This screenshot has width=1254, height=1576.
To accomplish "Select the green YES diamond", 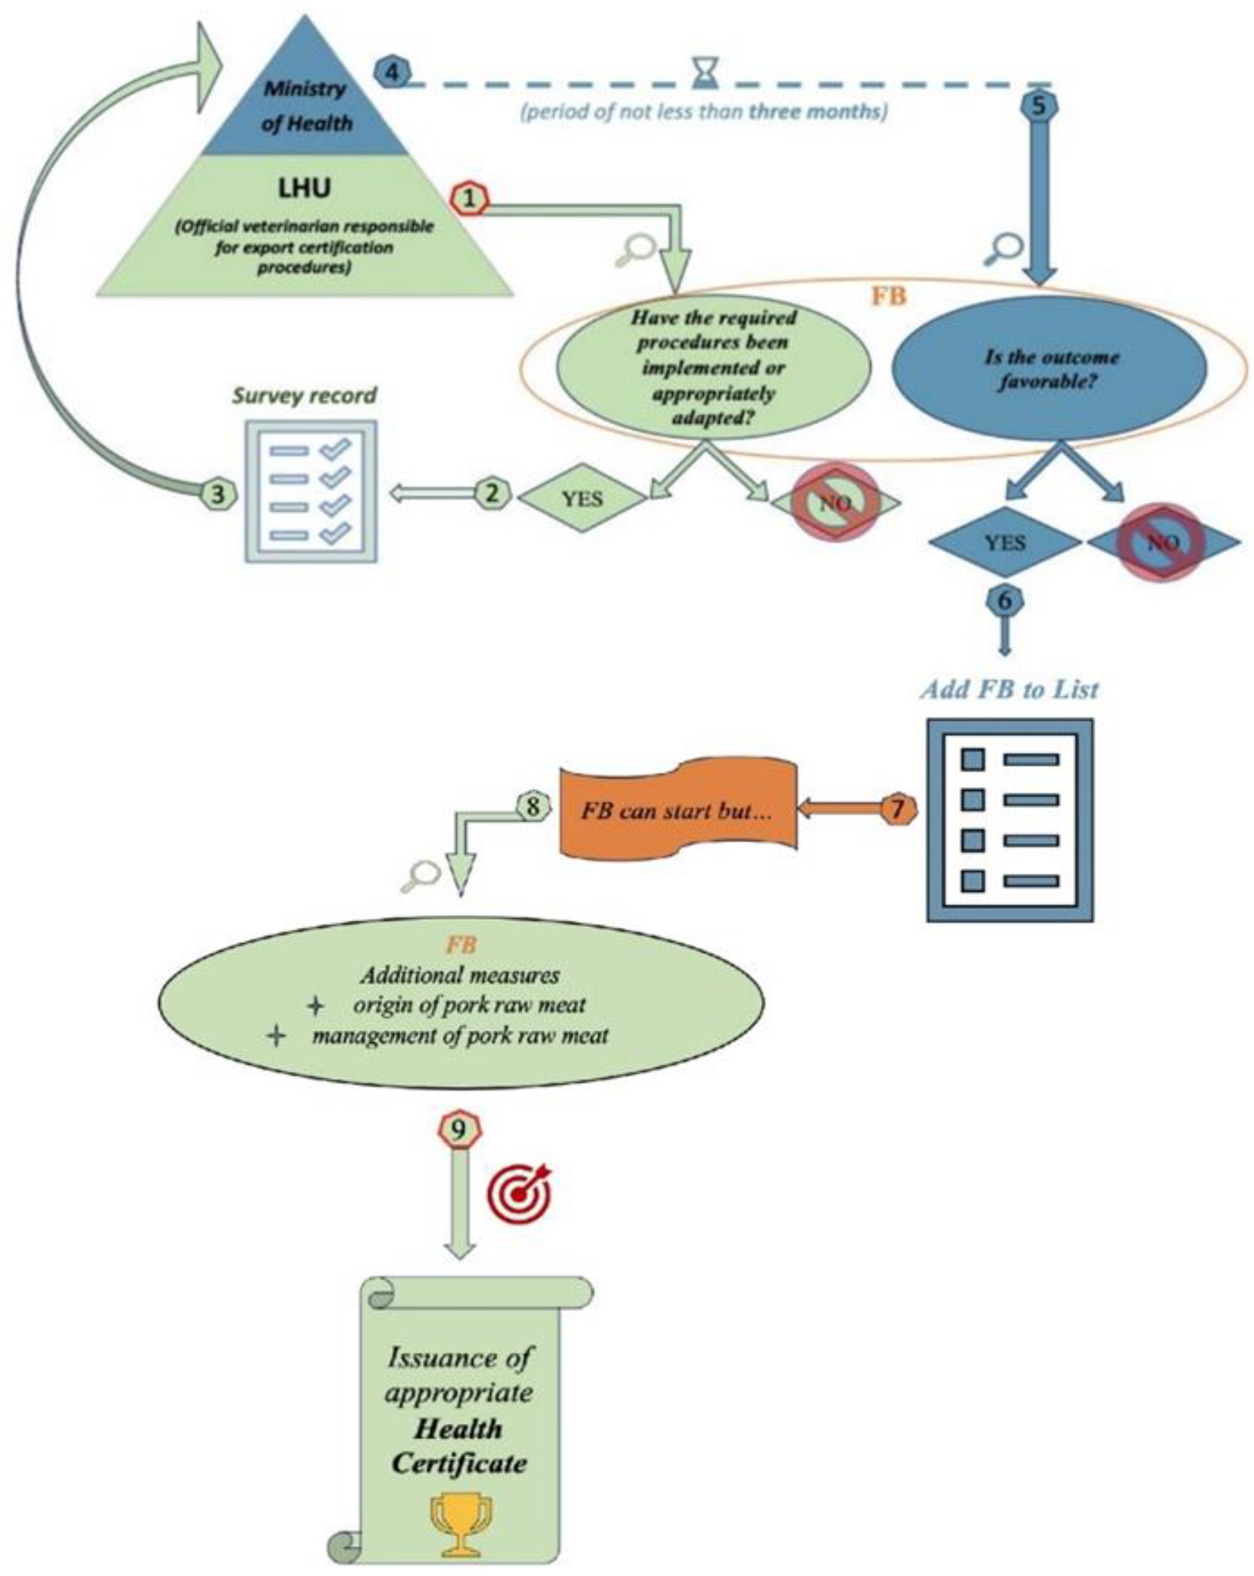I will (582, 498).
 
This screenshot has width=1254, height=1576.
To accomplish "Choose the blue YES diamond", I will (1005, 543).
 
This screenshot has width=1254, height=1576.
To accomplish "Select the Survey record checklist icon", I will (311, 491).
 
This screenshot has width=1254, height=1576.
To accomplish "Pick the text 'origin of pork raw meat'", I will (469, 1005).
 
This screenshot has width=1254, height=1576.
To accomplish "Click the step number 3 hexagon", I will (218, 495).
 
